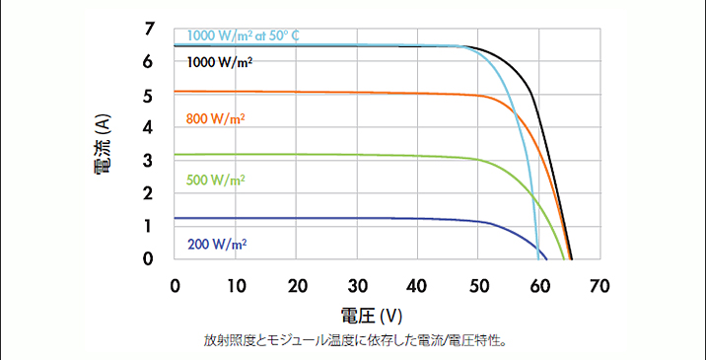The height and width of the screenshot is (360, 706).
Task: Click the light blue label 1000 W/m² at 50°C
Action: tap(243, 36)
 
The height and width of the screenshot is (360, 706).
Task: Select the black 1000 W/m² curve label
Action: tap(219, 62)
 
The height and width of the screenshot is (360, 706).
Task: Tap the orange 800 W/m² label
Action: tap(215, 119)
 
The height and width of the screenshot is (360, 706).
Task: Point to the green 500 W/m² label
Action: tap(215, 180)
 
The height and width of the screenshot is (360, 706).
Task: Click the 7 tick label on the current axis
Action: tap(149, 30)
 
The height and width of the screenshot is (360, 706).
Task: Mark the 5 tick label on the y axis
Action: tap(149, 96)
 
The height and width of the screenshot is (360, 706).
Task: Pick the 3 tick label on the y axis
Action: tap(149, 161)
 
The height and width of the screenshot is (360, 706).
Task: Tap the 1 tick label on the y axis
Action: tap(149, 226)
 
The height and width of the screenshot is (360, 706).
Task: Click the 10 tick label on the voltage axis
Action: tap(236, 286)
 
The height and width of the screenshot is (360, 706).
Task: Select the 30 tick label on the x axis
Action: tap(357, 286)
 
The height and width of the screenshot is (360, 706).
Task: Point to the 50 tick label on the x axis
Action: tap(478, 286)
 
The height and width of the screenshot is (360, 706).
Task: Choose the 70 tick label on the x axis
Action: tap(600, 286)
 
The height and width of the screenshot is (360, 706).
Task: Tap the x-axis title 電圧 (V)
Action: tap(372, 317)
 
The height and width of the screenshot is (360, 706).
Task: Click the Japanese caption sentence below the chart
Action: tap(354, 341)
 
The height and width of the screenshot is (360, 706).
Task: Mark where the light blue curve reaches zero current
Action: tap(538, 258)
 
